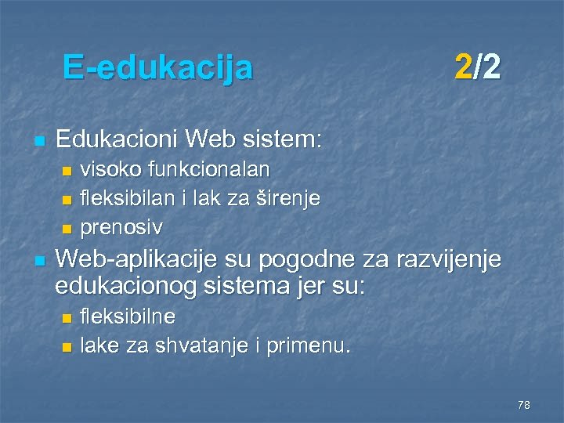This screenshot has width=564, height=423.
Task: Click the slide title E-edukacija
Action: point(157,67)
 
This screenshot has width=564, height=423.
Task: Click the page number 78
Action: point(524,405)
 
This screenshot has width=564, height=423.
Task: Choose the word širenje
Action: point(287,199)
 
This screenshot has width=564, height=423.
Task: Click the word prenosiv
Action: point(121,228)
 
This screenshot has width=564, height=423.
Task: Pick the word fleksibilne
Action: point(128,316)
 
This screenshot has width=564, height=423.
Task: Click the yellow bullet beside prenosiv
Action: point(67,229)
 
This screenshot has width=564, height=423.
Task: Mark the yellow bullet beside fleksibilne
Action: point(67,316)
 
